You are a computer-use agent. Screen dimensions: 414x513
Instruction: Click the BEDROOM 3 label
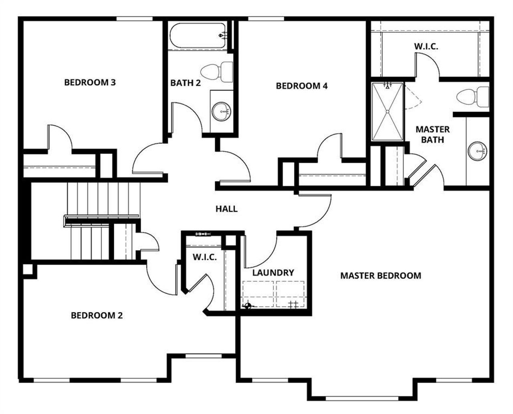(90, 82)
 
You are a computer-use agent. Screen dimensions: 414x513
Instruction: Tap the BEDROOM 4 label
(302, 86)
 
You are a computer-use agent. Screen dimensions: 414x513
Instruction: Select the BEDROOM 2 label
(97, 316)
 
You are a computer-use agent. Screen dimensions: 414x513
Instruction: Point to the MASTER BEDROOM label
(380, 275)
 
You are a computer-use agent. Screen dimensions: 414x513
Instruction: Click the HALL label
(226, 209)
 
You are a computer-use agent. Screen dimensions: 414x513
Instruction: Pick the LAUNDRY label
(273, 273)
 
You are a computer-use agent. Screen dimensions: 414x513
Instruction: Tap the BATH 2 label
(185, 83)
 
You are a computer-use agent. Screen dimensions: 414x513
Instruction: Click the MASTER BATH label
(432, 135)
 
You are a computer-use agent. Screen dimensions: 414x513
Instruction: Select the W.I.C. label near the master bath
(426, 46)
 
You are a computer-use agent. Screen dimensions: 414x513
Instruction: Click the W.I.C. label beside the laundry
(204, 257)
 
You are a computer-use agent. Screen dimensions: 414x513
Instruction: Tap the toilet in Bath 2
(216, 72)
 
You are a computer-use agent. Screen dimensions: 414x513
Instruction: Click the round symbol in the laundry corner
(247, 306)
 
